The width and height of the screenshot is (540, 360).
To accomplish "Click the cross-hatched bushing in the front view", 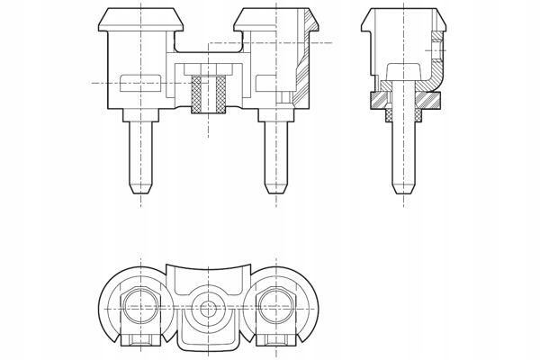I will (209, 94).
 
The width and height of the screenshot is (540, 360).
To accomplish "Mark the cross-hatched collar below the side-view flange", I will (390, 115).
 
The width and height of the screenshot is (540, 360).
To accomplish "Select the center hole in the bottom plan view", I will (209, 308).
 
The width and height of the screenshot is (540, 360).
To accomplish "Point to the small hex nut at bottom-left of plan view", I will (141, 341).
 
